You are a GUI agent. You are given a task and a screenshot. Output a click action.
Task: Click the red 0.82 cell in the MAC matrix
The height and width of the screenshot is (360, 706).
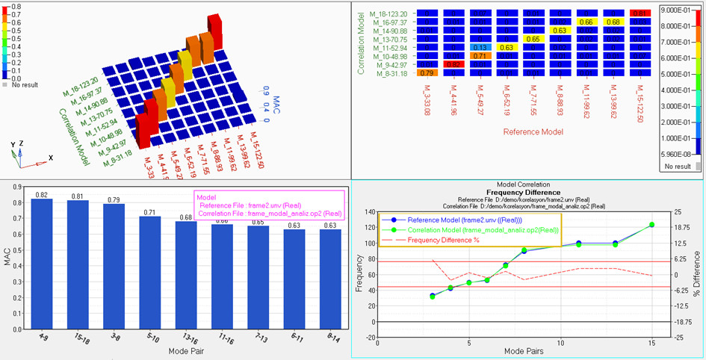tap(451, 65)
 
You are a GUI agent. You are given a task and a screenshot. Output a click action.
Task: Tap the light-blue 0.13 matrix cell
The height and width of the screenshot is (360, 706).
tap(483, 47)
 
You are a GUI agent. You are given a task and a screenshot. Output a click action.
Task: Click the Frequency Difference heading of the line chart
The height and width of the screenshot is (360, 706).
tap(528, 191)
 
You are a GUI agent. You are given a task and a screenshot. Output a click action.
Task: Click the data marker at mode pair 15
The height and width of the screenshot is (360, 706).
tap(651, 225)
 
